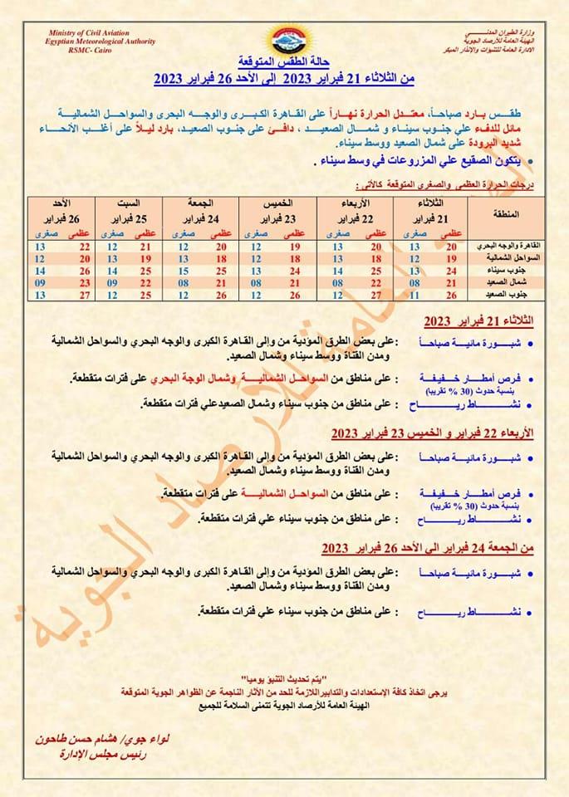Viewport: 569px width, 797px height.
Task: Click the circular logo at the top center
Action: pyautogui.click(x=284, y=39)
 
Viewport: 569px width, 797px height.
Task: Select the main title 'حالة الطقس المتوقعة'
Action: pyautogui.click(x=284, y=63)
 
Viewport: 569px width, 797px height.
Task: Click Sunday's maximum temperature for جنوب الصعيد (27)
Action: pyautogui.click(x=84, y=294)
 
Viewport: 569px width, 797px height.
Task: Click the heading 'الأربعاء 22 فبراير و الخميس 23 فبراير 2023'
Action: pyautogui.click(x=429, y=433)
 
